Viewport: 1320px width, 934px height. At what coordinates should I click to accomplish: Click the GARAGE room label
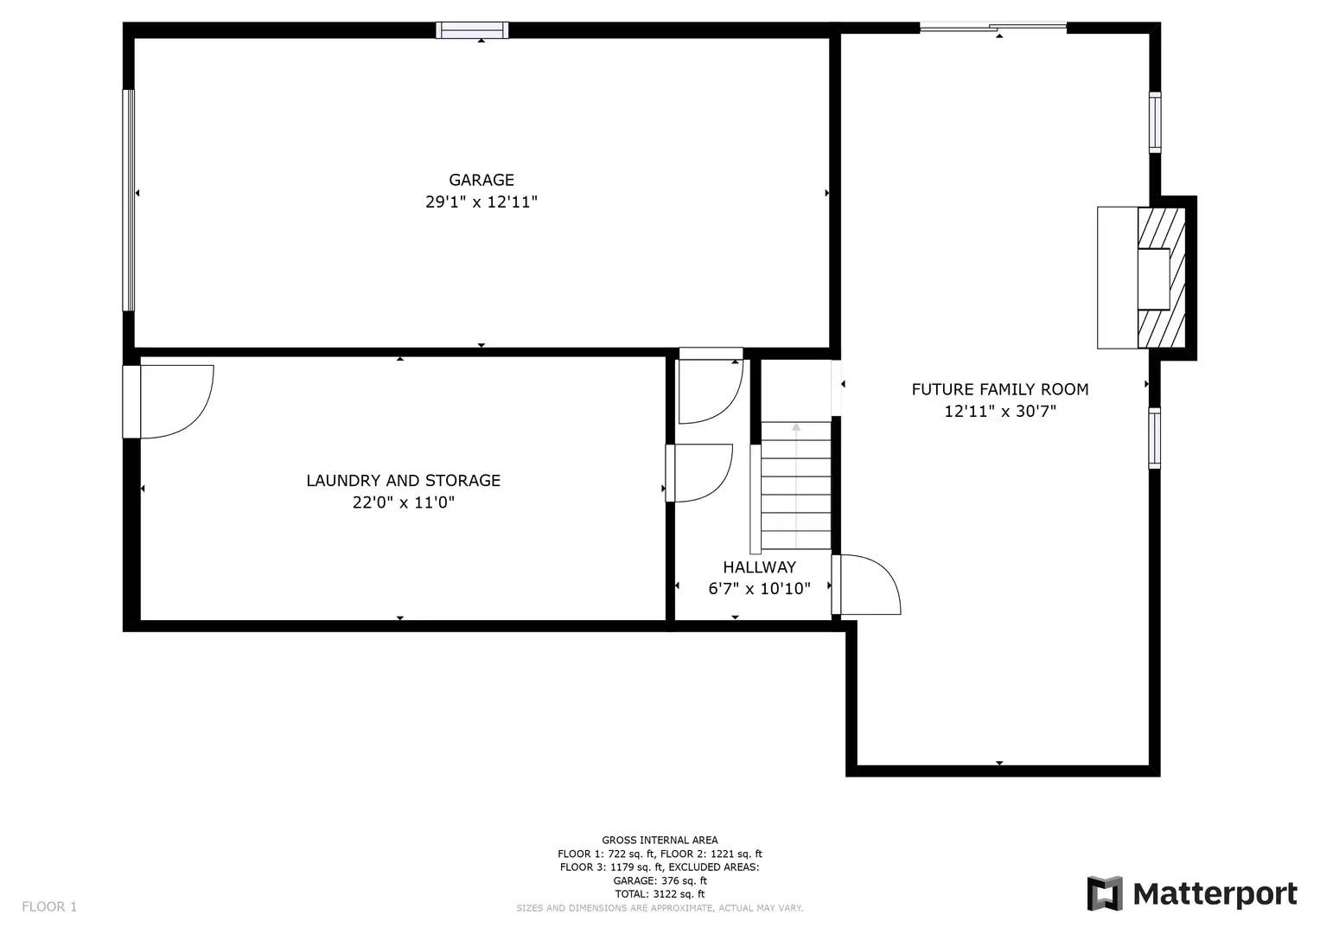pyautogui.click(x=481, y=180)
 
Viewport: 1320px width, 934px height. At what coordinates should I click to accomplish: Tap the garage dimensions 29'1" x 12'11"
pyautogui.click(x=481, y=202)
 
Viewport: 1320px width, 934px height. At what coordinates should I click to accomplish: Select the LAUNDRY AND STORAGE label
pyautogui.click(x=403, y=480)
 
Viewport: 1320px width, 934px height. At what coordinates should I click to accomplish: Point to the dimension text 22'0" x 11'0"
pyautogui.click(x=403, y=502)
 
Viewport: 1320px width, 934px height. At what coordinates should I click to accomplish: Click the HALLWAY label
pyautogui.click(x=759, y=567)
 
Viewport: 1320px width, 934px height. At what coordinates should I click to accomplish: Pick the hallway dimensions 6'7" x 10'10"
pyautogui.click(x=759, y=589)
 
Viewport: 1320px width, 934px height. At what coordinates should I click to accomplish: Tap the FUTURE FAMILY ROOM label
pyautogui.click(x=1000, y=389)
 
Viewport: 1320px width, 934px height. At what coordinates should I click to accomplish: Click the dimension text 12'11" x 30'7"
pyautogui.click(x=1000, y=412)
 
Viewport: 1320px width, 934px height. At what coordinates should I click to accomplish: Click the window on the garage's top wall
pyautogui.click(x=472, y=30)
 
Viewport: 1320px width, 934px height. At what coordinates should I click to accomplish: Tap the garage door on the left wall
pyautogui.click(x=129, y=200)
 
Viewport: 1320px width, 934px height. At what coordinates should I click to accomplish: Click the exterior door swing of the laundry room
pyautogui.click(x=173, y=400)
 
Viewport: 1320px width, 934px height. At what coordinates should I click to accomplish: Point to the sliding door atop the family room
pyautogui.click(x=992, y=28)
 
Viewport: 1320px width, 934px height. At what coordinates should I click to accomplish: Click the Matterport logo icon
pyautogui.click(x=1104, y=893)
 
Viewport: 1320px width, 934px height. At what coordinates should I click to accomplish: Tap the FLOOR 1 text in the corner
pyautogui.click(x=49, y=906)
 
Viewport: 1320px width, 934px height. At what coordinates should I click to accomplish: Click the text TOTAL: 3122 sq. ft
pyautogui.click(x=660, y=894)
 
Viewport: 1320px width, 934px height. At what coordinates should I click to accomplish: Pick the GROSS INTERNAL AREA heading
pyautogui.click(x=660, y=840)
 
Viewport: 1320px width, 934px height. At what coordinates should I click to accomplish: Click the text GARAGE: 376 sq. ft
pyautogui.click(x=660, y=880)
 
